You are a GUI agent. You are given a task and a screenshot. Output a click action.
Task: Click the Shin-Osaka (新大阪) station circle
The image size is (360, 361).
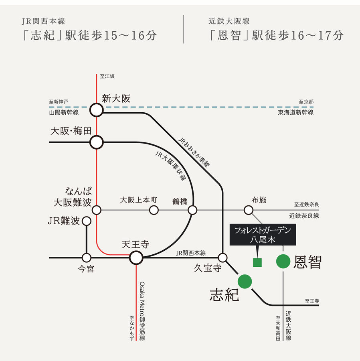97,110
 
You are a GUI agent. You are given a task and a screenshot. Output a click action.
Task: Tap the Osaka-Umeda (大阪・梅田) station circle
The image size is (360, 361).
97,142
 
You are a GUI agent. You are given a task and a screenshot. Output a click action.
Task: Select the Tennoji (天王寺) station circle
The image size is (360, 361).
136,258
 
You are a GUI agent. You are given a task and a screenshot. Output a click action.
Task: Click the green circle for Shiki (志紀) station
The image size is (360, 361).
245,281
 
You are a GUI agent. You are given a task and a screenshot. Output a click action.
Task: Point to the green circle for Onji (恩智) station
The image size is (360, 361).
283,262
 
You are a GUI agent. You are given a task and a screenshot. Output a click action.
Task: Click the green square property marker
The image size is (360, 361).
257,263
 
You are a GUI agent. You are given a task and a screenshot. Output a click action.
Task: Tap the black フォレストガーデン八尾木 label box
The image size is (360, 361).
263,235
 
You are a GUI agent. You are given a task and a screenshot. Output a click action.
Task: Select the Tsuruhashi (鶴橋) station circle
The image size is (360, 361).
192,210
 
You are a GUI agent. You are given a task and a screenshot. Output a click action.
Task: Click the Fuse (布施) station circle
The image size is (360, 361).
249,210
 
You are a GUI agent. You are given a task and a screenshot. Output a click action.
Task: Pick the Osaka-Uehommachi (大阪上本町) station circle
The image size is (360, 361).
154,210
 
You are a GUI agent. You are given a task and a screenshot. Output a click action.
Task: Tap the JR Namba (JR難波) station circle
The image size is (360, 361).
87,221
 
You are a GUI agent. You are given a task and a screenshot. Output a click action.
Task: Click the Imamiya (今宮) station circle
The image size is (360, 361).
87,258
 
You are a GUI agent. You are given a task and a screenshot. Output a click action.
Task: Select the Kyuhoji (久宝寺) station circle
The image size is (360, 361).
223,258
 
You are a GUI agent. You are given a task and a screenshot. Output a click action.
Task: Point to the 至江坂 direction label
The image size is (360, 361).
107,76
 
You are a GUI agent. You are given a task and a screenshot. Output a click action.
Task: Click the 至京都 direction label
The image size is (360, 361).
306,102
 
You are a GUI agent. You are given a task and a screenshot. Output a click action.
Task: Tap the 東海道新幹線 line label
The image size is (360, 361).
295,113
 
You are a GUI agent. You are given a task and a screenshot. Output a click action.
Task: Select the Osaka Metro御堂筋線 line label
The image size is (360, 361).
142,311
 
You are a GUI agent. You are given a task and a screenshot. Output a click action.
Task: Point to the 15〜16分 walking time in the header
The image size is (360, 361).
130,36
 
